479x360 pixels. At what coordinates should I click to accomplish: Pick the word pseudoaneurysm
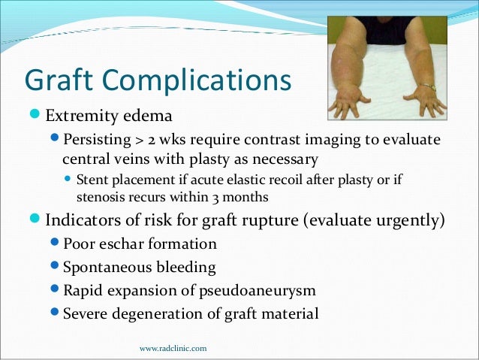254,290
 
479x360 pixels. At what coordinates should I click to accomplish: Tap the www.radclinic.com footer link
173,348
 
